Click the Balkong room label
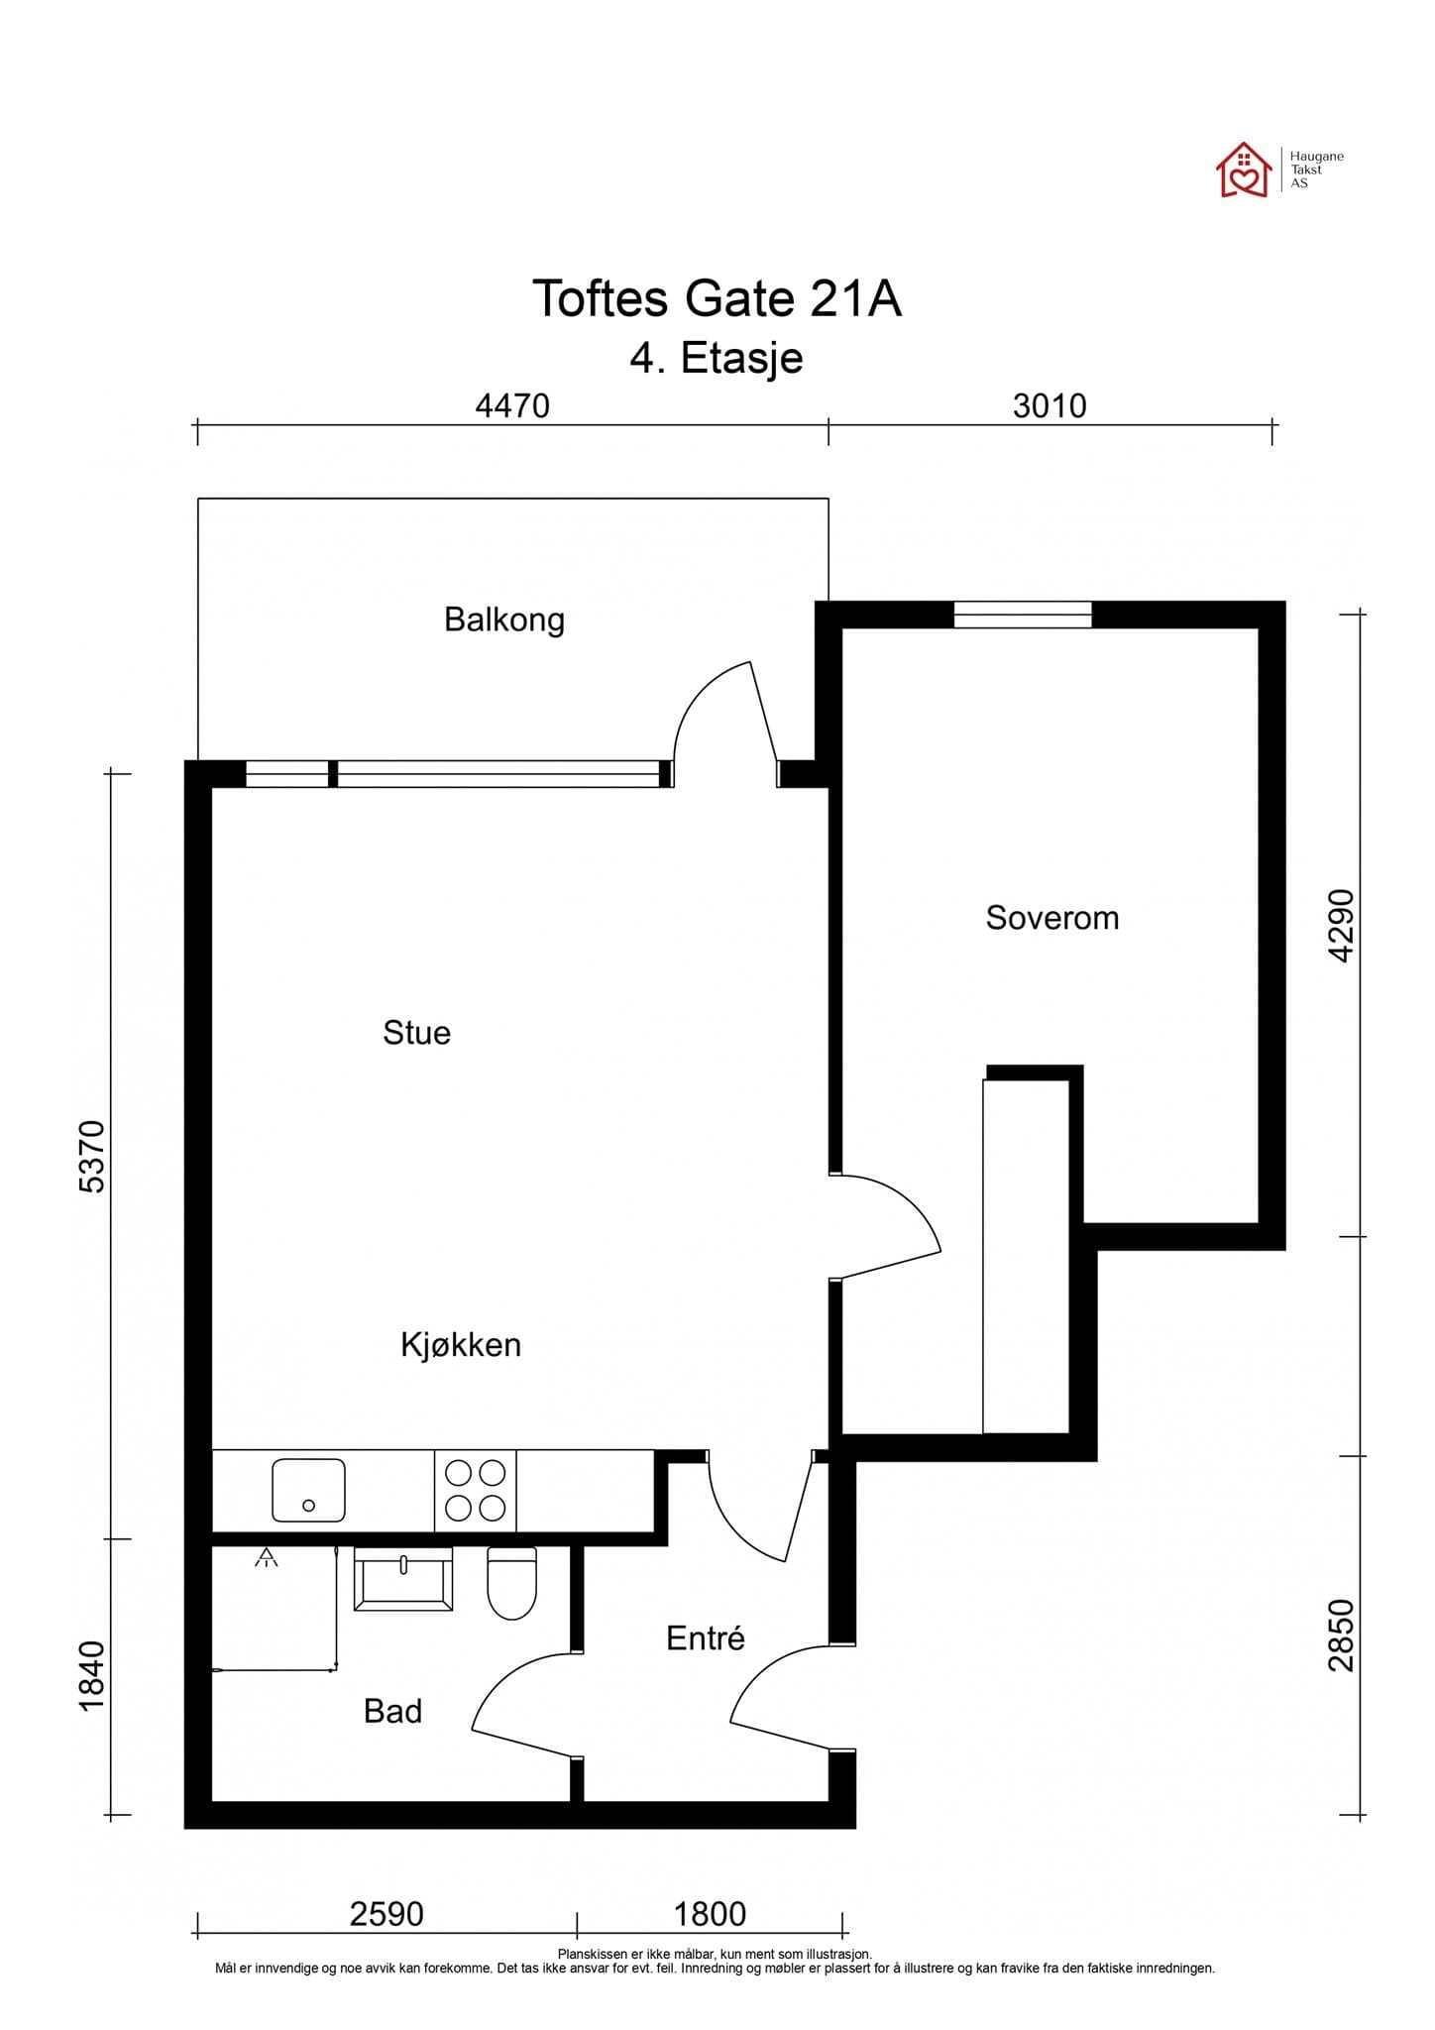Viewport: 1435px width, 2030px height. [x=504, y=620]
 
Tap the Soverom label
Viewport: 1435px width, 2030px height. [x=1052, y=918]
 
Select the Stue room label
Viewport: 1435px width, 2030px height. [x=417, y=1033]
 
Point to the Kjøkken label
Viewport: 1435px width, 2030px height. [x=461, y=1345]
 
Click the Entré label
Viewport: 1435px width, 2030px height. [x=706, y=1637]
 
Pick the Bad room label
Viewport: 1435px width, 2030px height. [x=393, y=1711]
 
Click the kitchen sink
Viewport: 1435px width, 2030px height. [x=308, y=1490]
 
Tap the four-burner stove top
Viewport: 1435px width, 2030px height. [x=476, y=1491]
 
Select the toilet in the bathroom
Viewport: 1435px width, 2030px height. [x=512, y=1583]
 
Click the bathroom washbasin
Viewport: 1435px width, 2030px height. [x=403, y=1578]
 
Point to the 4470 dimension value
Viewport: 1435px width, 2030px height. [x=512, y=406]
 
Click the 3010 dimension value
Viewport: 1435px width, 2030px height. [x=1049, y=406]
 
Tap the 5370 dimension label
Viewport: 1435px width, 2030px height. [x=91, y=1157]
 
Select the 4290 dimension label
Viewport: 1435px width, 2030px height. [x=1341, y=925]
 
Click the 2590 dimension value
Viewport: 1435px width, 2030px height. [x=386, y=1914]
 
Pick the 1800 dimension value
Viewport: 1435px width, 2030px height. [x=710, y=1914]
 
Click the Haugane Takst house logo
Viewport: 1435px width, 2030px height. [x=1244, y=169]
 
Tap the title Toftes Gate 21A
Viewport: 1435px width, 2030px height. [x=717, y=298]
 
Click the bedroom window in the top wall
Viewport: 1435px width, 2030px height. [x=1023, y=615]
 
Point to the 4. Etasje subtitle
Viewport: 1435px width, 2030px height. [x=717, y=359]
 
